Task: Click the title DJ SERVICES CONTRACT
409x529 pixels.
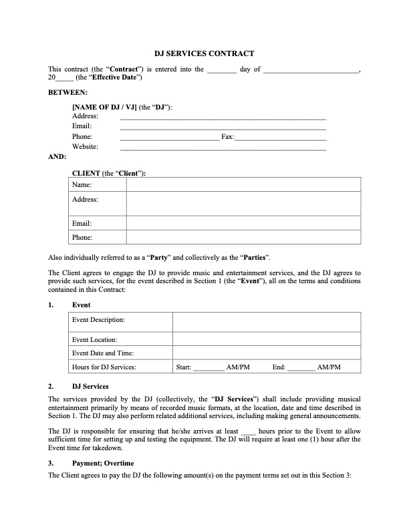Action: [x=204, y=53]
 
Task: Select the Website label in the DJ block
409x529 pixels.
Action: [x=86, y=147]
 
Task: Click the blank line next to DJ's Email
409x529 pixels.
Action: [x=223, y=127]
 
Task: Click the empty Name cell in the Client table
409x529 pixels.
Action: [x=243, y=184]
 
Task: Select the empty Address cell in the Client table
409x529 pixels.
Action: [x=243, y=204]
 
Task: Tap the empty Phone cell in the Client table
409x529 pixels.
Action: [x=243, y=237]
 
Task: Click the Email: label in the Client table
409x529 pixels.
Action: [x=82, y=224]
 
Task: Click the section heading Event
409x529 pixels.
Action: [x=81, y=305]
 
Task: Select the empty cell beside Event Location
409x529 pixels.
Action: [x=266, y=340]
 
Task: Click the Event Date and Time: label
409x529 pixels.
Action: [x=103, y=353]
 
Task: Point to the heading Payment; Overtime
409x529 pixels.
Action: [x=103, y=464]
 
